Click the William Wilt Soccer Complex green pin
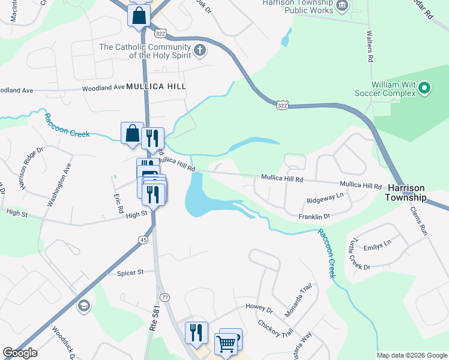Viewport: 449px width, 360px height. (x=424, y=89)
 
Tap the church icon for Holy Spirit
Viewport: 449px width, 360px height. (x=200, y=50)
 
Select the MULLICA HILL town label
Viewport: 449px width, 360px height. (x=156, y=86)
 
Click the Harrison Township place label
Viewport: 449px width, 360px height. (x=406, y=193)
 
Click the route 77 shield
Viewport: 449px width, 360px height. (x=165, y=297)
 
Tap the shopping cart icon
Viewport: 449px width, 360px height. (x=226, y=344)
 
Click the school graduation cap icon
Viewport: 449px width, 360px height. (x=83, y=307)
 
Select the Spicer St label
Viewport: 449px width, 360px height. (x=131, y=272)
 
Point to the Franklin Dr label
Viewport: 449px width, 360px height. (x=315, y=216)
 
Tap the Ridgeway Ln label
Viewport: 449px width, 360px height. (x=325, y=196)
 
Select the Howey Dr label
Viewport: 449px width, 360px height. (x=259, y=307)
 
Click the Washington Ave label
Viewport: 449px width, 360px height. (x=59, y=185)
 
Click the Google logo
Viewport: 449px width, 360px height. (x=20, y=353)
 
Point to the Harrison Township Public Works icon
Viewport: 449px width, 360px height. (x=342, y=7)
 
